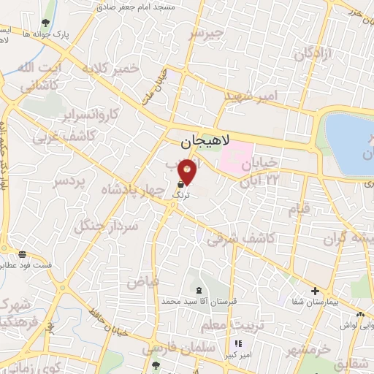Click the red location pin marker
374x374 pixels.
click(188, 171)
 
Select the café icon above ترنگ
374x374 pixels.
click(180, 186)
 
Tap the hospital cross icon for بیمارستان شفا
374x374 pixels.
click(315, 291)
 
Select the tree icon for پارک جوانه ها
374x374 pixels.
click(47, 23)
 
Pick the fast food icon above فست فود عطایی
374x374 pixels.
click(23, 254)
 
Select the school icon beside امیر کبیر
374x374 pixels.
click(237, 344)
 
